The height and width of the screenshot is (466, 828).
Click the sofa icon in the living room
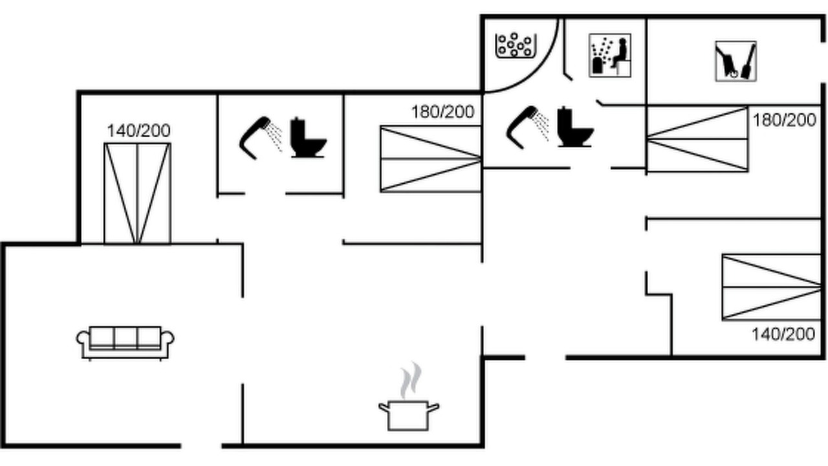125,343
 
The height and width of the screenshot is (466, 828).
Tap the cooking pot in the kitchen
409,416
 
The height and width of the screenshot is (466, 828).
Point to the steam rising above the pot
411,380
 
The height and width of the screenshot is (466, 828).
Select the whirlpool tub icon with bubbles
516,45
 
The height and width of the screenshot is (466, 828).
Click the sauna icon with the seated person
610,56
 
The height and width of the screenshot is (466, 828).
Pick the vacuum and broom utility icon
735,61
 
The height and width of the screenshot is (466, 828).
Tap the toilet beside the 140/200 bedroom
308,138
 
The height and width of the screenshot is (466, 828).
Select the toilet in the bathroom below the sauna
575,127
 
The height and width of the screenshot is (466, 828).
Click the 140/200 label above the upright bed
138,131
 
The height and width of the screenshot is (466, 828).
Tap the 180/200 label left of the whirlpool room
443,112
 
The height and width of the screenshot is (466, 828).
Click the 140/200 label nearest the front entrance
783,335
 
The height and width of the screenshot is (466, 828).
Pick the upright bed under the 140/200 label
138,194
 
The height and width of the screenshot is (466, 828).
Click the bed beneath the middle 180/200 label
431,159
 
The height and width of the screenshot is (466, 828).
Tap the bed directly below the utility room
697,139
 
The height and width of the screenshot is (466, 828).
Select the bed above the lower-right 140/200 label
772,287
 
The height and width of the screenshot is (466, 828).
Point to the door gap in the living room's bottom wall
201,446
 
